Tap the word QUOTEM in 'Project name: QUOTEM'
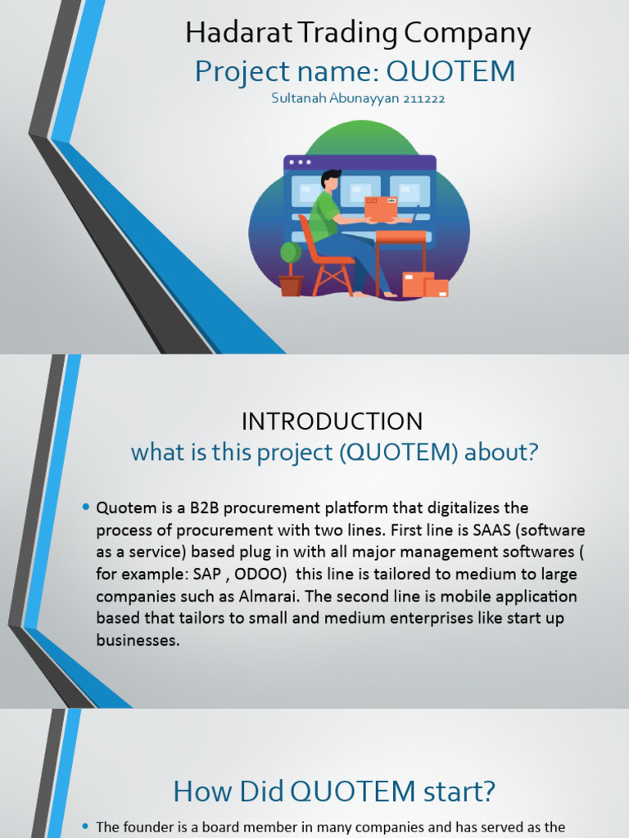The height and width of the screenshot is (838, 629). (x=450, y=72)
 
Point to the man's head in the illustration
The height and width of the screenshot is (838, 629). (x=330, y=179)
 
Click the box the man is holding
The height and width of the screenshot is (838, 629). (x=381, y=208)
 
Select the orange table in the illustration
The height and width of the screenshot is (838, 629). (x=400, y=238)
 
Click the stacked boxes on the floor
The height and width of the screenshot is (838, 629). (x=425, y=284)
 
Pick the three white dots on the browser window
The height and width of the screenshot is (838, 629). (x=300, y=162)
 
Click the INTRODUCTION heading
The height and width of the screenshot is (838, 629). (x=332, y=421)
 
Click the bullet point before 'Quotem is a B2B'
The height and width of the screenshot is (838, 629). (x=85, y=508)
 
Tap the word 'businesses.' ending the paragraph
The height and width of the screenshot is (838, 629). (x=138, y=641)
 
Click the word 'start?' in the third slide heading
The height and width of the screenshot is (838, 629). (x=459, y=791)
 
